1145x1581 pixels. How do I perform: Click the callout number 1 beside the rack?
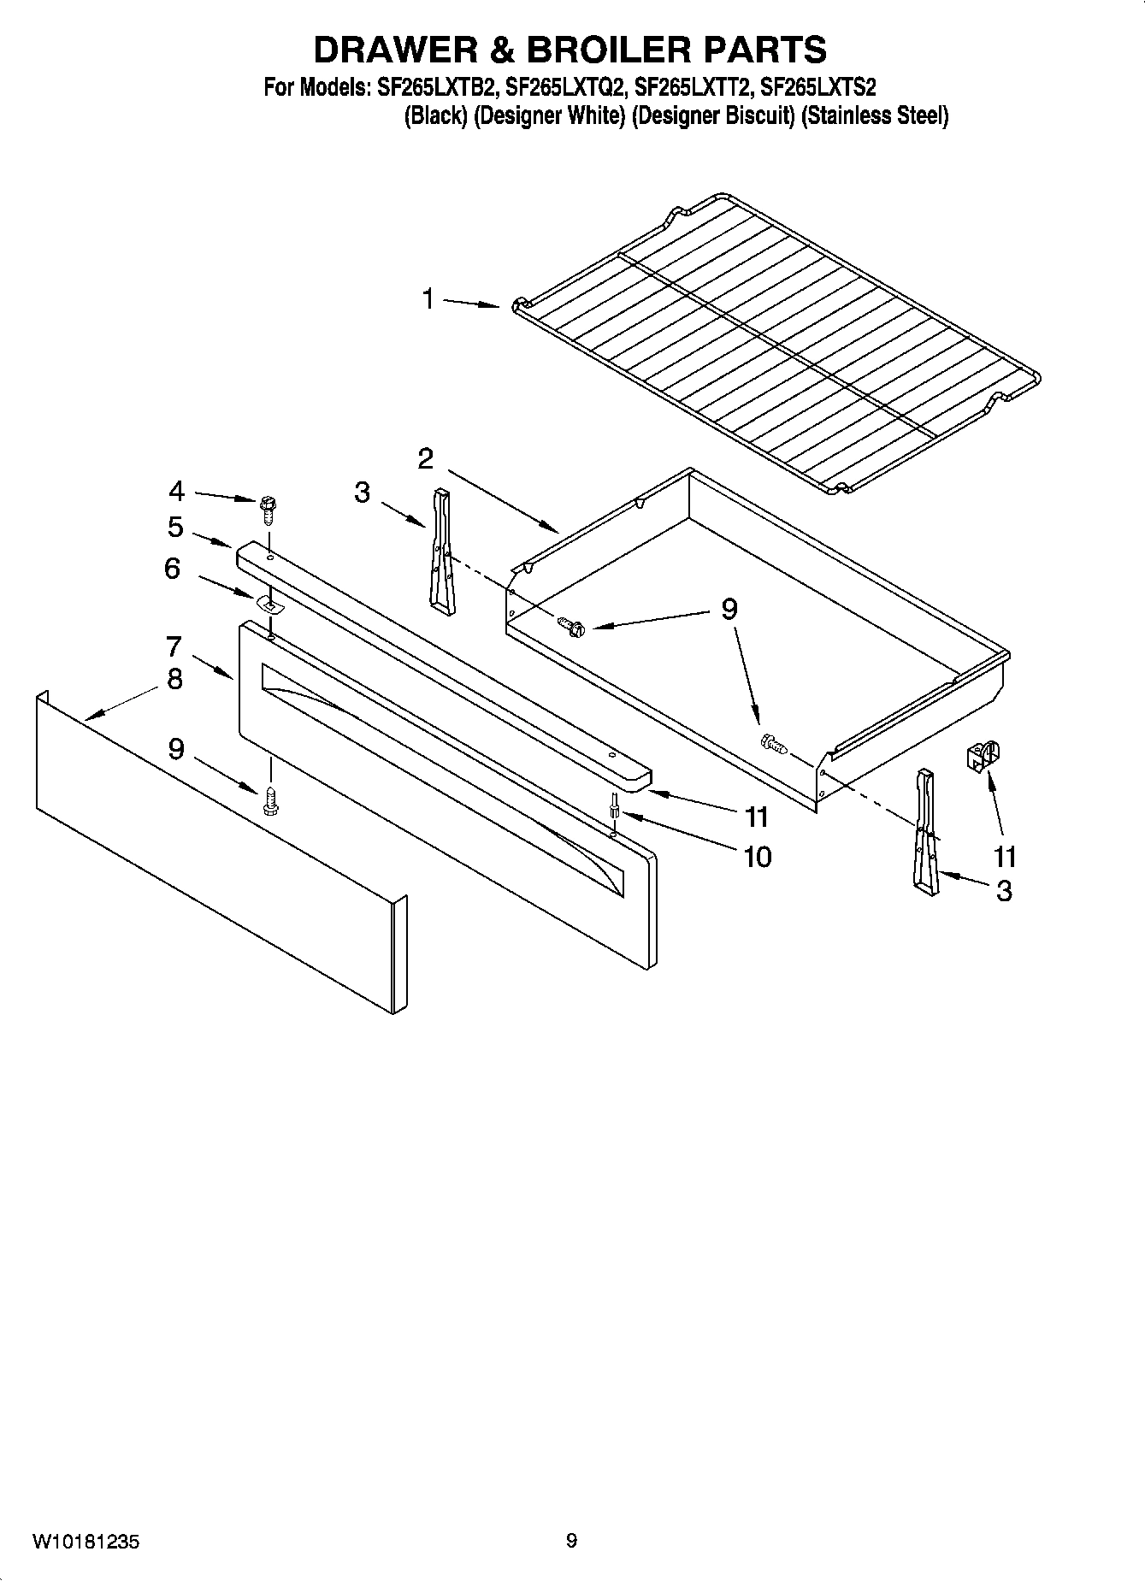pos(428,299)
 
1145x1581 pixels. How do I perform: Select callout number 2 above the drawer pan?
pos(425,459)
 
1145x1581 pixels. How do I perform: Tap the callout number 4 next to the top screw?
pos(176,491)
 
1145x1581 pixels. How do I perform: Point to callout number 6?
pos(173,568)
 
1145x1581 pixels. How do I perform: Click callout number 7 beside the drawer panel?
pos(174,646)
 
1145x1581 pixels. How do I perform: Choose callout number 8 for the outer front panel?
pos(174,680)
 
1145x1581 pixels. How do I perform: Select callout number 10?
pos(758,856)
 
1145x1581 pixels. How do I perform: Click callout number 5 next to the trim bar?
pos(175,527)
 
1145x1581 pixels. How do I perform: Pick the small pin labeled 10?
pos(615,805)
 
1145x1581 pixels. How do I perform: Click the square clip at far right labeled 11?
pos(982,757)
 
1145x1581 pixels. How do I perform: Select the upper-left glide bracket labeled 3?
pos(441,552)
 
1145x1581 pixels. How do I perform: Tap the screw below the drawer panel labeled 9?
pos(271,799)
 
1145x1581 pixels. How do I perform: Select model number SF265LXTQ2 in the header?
pos(566,87)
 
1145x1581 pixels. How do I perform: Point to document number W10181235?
pos(86,1542)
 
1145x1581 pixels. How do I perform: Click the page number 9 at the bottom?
pos(571,1541)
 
